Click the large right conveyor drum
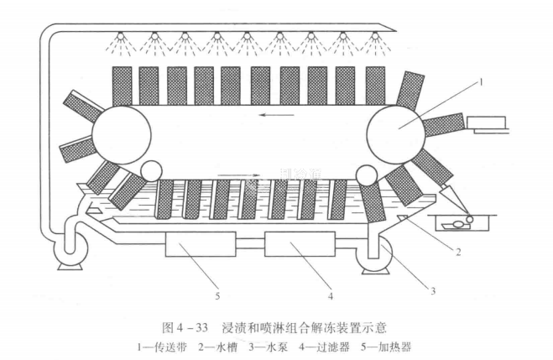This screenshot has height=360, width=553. click(x=395, y=132)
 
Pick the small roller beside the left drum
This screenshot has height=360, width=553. click(x=153, y=172)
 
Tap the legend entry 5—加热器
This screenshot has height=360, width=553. click(x=386, y=346)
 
